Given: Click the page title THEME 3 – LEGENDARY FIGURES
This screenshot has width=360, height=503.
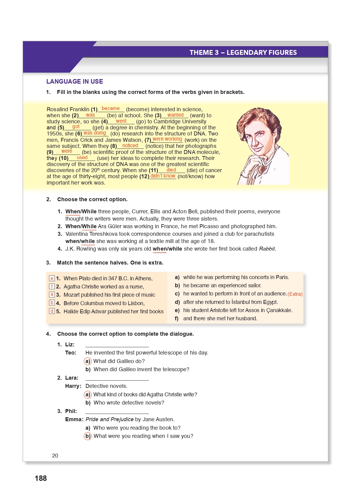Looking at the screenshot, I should [243, 52].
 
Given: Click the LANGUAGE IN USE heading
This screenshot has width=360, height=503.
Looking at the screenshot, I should [75, 82].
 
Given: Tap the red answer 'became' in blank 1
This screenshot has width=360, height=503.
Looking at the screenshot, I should [111, 108].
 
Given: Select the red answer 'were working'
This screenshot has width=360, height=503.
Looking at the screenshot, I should [167, 139].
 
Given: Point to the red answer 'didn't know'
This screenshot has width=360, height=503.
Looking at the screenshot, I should [163, 176].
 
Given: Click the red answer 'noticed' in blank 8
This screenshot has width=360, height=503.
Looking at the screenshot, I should [130, 145].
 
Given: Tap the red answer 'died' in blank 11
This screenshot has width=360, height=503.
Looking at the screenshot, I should [171, 170].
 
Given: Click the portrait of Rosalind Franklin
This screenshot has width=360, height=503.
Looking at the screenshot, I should [262, 146].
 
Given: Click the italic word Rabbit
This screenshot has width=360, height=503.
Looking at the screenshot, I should [267, 249].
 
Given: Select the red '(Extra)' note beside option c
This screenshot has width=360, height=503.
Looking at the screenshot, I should [295, 294].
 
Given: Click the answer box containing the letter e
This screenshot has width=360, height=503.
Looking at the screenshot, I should [52, 278].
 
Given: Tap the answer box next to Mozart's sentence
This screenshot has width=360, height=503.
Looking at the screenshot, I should [52, 295].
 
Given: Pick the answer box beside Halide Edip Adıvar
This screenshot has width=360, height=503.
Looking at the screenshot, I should [52, 311].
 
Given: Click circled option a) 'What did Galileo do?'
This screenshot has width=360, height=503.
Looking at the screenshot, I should [88, 361].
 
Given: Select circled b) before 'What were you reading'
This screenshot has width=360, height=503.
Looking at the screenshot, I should [88, 436].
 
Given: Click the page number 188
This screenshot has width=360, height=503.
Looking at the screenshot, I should [41, 478].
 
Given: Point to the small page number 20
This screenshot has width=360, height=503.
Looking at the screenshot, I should [55, 456].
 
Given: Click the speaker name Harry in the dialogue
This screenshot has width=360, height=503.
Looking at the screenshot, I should [73, 386].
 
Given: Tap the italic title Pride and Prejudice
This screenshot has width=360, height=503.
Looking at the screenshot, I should [109, 419].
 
